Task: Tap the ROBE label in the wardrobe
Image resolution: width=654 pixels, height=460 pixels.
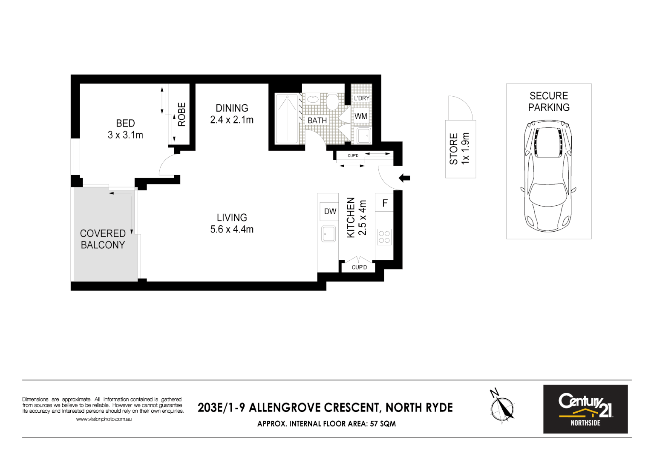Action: coord(182,114)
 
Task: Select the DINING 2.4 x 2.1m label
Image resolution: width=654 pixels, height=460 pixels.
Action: coord(232,114)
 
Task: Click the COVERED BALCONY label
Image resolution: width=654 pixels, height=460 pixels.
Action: coord(103,239)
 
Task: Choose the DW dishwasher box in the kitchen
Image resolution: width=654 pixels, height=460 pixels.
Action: coord(330,211)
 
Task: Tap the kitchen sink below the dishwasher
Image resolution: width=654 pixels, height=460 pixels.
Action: coord(328,234)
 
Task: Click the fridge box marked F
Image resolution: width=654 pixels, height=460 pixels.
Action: coord(385,203)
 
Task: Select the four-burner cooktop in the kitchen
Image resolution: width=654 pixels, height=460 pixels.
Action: coord(384,237)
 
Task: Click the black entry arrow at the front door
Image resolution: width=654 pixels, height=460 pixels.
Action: coord(404,178)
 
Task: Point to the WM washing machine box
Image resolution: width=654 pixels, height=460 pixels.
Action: coord(361,116)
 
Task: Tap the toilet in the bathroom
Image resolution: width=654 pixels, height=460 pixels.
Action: coord(332,102)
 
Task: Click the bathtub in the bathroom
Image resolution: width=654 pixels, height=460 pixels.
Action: coord(287,118)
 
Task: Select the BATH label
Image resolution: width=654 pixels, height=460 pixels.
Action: coord(317,121)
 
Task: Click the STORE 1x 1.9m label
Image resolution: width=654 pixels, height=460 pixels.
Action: coord(460,149)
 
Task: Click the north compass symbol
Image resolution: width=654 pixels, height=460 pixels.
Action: coord(502,407)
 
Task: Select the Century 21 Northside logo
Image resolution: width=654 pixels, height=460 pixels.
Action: coord(585,409)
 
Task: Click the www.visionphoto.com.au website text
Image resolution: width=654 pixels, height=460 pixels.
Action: coord(104,419)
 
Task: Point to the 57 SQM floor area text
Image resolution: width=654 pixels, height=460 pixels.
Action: coord(383,424)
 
